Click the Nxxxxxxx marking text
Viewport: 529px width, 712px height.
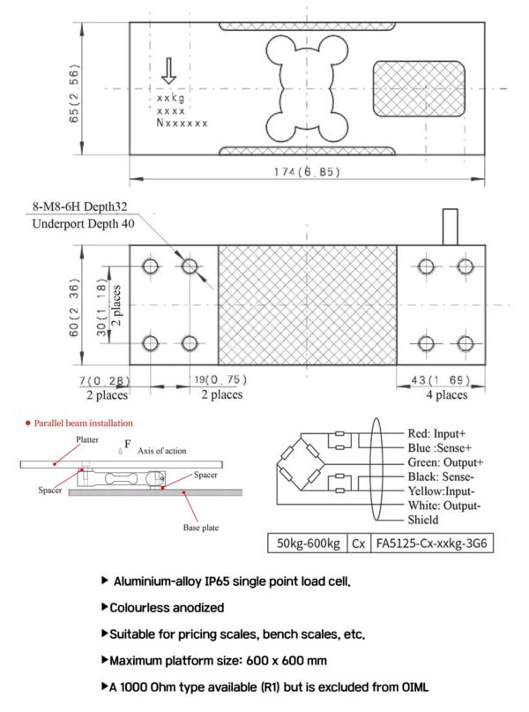pyautogui.click(x=183, y=124)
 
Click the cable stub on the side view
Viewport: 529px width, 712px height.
pyautogui.click(x=450, y=226)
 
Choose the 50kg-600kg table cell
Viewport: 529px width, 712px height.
pyautogui.click(x=309, y=543)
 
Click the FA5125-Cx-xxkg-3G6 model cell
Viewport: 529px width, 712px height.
pyautogui.click(x=434, y=543)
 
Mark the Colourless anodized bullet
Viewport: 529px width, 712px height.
pyautogui.click(x=168, y=608)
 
